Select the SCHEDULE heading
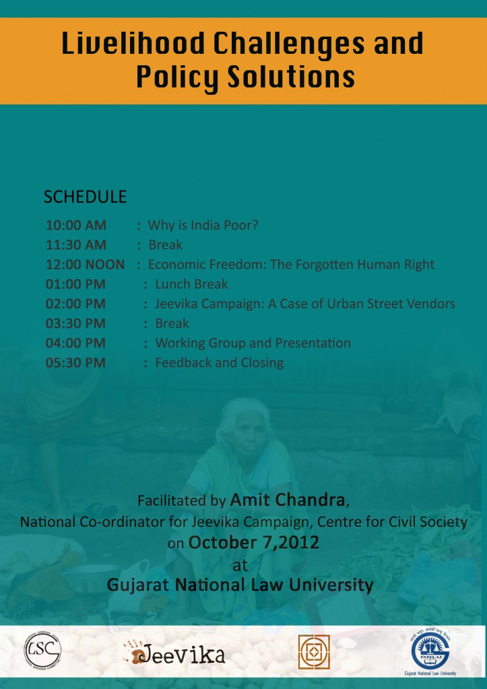click(x=85, y=197)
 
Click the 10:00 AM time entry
click(x=75, y=225)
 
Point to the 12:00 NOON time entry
click(x=85, y=264)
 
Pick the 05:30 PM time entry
click(x=75, y=363)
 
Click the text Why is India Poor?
click(x=203, y=225)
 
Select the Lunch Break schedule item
click(x=191, y=284)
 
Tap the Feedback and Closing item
click(x=219, y=363)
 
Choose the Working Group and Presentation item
click(x=253, y=343)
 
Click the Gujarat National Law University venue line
click(x=240, y=585)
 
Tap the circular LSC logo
click(x=43, y=650)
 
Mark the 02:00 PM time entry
click(x=75, y=303)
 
